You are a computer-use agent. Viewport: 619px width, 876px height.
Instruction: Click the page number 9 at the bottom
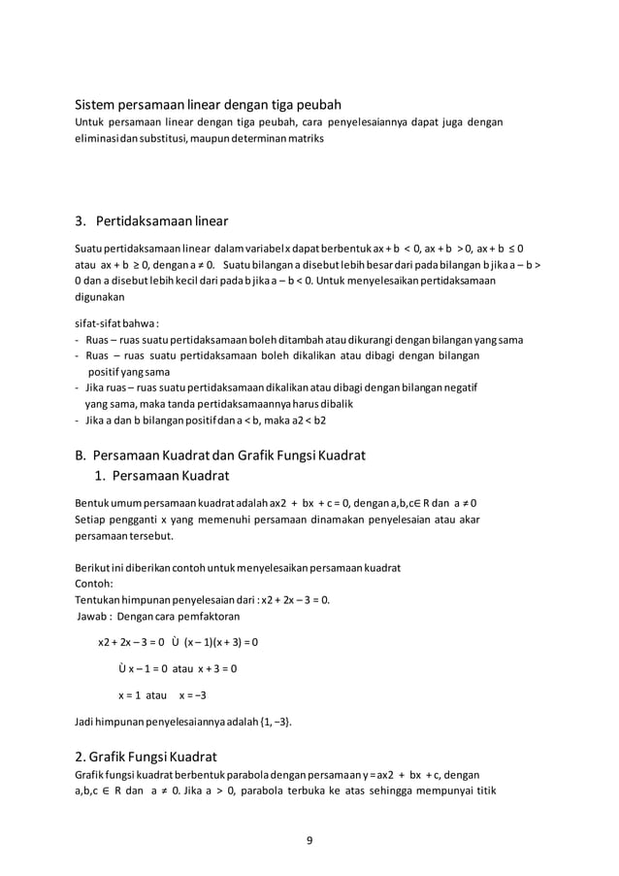click(309, 840)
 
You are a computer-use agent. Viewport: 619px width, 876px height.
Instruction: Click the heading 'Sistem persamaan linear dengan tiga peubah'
click(208, 105)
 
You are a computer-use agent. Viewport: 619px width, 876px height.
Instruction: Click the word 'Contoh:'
click(94, 585)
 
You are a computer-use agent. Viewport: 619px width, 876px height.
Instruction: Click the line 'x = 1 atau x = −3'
click(162, 695)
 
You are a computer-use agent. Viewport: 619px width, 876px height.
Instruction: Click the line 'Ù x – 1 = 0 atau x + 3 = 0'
click(178, 669)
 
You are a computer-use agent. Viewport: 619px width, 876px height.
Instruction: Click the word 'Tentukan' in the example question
click(99, 600)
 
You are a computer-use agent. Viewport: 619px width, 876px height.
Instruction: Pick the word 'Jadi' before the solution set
click(85, 722)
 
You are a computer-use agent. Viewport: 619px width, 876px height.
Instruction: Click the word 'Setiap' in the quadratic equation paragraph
click(92, 520)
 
